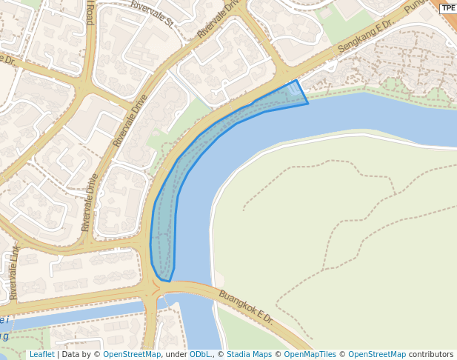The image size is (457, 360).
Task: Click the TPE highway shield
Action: [x=448, y=8]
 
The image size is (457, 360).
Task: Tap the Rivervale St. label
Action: [x=152, y=13]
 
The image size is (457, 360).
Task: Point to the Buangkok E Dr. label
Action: [x=246, y=307]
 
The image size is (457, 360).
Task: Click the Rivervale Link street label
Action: [x=13, y=273]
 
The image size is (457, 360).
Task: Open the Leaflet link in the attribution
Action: [x=41, y=355]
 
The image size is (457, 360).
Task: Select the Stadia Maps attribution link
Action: [x=248, y=355]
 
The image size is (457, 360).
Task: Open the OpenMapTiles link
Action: [x=310, y=355]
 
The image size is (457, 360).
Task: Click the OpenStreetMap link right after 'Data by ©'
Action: [x=132, y=355]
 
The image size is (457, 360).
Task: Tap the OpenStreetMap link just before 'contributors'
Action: [x=377, y=355]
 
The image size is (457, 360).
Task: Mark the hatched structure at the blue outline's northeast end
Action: [x=295, y=89]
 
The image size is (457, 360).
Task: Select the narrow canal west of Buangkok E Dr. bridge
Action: [x=74, y=313]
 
